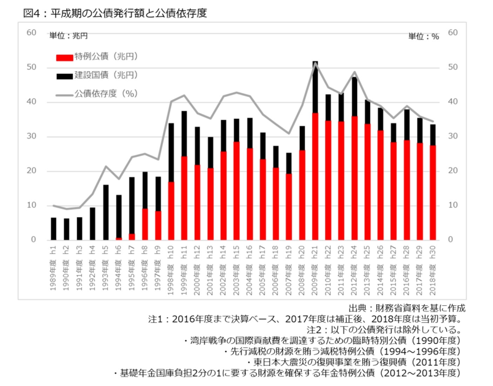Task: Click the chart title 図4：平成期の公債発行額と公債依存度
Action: [115, 13]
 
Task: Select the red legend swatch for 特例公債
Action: [65, 57]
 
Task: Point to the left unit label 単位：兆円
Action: [68, 36]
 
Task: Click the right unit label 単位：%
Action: [424, 36]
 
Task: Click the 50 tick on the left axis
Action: [32, 67]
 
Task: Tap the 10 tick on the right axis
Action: [453, 205]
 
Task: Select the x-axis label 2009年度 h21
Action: [315, 270]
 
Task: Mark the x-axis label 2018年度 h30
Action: [433, 270]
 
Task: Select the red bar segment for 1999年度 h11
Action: [184, 198]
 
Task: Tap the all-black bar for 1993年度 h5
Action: [106, 212]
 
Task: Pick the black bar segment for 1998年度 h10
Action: [171, 153]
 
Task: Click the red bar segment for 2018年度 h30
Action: [433, 193]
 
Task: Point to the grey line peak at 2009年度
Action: [315, 63]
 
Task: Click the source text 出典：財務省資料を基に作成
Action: [407, 308]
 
